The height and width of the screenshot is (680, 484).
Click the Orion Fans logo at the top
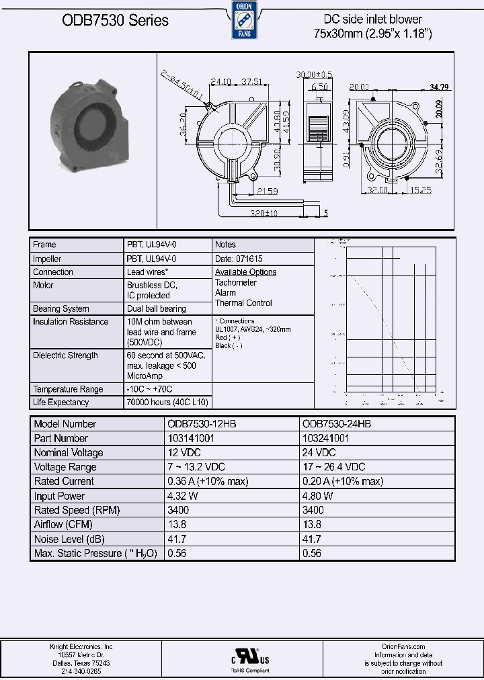click(241, 20)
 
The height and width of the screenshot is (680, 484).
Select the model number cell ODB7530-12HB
click(201, 424)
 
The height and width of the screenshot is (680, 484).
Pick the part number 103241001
click(326, 438)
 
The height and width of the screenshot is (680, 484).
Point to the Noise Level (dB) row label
click(69, 539)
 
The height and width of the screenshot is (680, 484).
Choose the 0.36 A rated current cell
click(208, 481)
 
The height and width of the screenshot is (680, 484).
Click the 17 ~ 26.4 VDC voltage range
click(333, 467)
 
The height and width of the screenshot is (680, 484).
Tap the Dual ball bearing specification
click(157, 309)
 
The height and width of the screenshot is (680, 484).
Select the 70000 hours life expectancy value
click(167, 402)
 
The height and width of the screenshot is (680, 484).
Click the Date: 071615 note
click(239, 259)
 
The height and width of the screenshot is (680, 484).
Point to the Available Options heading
click(245, 272)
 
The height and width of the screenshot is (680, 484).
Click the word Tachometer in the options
click(236, 283)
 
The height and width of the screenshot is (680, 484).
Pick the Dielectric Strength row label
click(65, 355)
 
